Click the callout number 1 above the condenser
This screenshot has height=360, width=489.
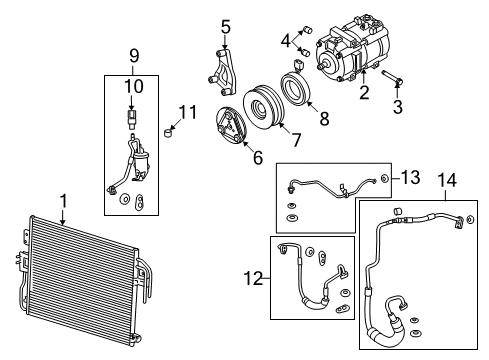pos(63,202)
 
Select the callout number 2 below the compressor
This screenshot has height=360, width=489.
pos(364,92)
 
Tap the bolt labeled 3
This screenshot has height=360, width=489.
pos(392,77)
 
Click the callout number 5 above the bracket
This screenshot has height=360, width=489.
pos(226,27)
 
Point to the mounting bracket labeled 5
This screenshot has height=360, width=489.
pos(223,73)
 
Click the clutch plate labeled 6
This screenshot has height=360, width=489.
pos(231,125)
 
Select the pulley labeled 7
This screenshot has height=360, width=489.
pos(263,108)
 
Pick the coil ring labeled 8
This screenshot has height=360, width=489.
pos(295,89)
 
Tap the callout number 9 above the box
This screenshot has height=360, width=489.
pos(134,56)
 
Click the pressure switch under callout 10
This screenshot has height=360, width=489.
pos(132,118)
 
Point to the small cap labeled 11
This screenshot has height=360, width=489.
pos(169,132)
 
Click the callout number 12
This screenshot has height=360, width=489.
pos(253,278)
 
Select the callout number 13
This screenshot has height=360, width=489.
pos(410,177)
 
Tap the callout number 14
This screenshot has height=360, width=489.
pos(447,180)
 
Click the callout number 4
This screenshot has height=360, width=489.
pos(286,41)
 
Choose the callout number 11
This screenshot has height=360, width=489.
pos(188,112)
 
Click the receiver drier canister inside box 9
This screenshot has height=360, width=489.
pos(141,162)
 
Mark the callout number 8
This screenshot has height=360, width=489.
pos(324,118)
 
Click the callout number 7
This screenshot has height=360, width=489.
pos(296,140)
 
